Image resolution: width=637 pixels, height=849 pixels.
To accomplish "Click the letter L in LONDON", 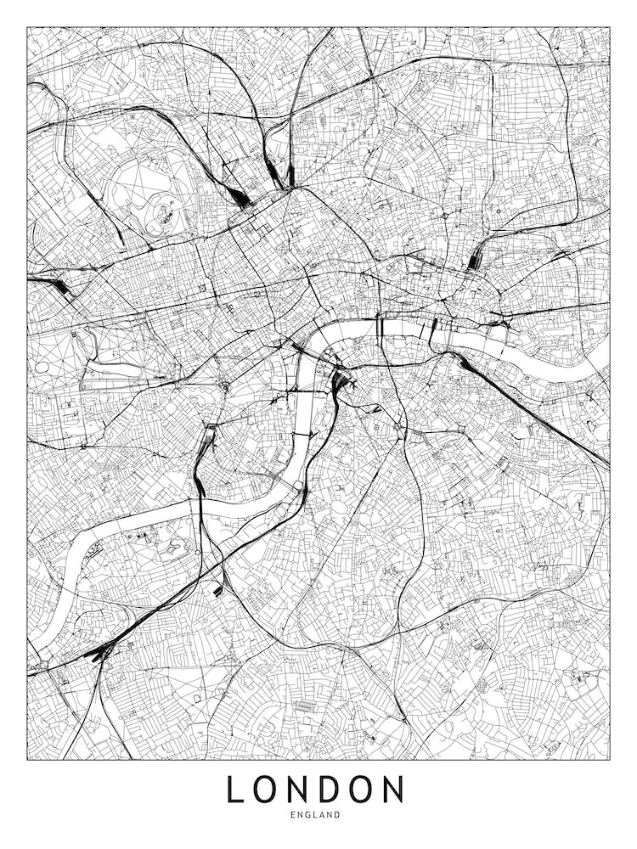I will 236,790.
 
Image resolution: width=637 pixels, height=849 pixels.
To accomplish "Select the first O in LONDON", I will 270,790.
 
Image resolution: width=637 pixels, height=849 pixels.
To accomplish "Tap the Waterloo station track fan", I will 341,383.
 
